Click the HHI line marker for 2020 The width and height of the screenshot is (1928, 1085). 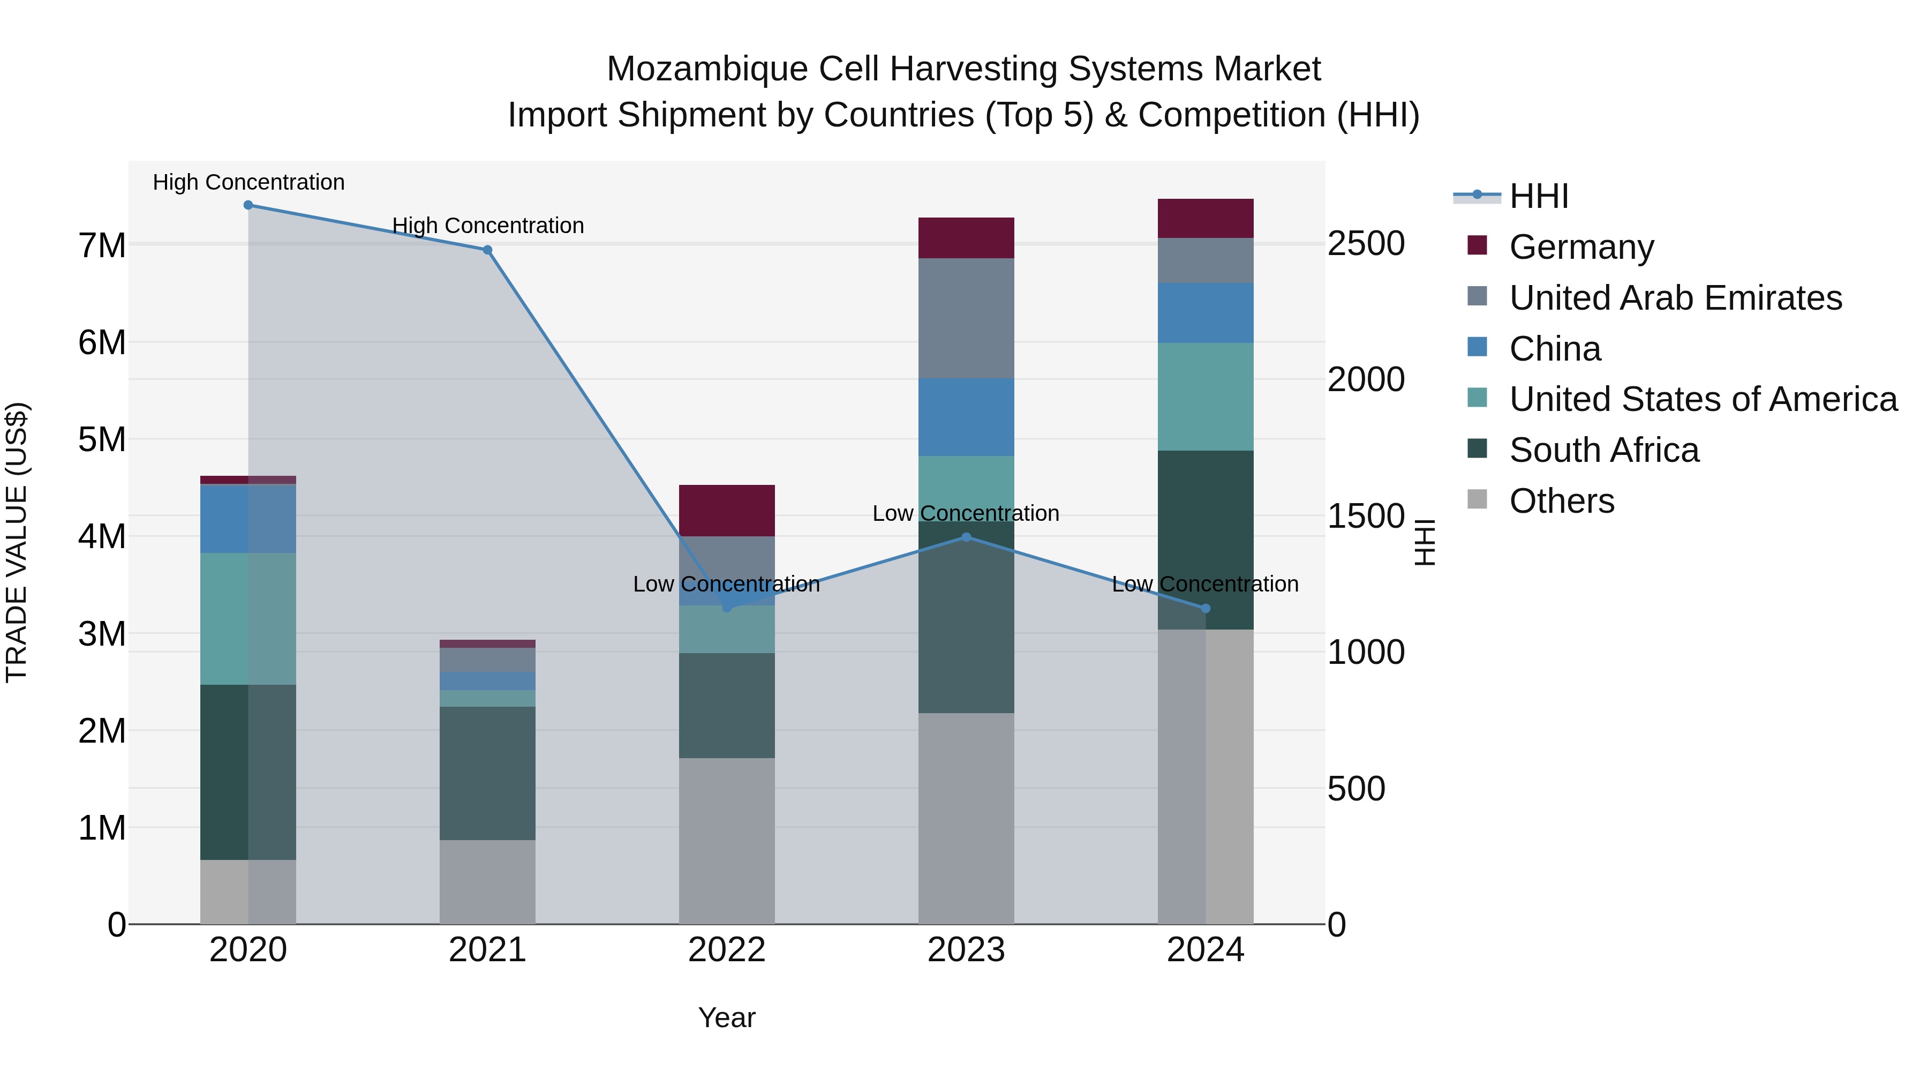click(248, 205)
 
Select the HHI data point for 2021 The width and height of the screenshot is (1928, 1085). click(487, 250)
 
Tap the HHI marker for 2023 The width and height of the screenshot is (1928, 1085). click(966, 537)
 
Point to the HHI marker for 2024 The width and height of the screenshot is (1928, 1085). click(1205, 609)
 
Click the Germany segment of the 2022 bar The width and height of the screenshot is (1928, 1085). click(727, 511)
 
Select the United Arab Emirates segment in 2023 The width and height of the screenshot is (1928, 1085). click(966, 318)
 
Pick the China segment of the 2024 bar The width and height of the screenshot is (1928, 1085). click(1205, 313)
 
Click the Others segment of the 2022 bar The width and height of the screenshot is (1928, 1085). click(727, 841)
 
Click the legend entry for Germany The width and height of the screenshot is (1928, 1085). click(1581, 247)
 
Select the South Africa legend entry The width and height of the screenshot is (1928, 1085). click(1603, 450)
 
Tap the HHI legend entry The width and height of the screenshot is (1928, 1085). click(1538, 196)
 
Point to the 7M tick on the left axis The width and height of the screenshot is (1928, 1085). click(102, 245)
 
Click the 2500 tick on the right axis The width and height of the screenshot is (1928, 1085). click(1366, 244)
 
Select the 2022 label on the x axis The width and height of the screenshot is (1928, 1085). click(727, 950)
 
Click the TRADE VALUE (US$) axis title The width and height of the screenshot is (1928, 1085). click(17, 542)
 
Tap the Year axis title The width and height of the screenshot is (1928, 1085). click(727, 1017)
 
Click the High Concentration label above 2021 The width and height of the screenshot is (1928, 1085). click(488, 226)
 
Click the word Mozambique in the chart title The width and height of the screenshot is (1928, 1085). click(706, 69)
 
